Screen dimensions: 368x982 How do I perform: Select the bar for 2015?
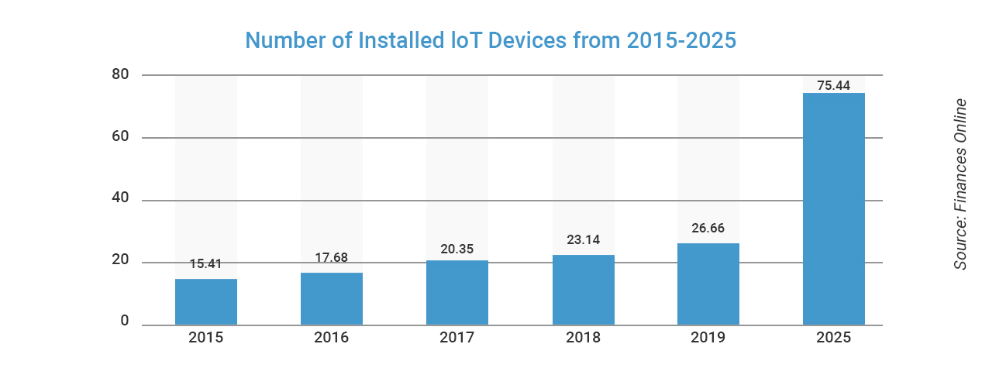click(206, 302)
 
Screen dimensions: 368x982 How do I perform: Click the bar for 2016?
click(332, 299)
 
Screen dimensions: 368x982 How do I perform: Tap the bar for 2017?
click(457, 293)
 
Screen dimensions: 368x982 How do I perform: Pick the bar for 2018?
click(583, 290)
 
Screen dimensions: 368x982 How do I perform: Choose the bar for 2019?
click(708, 284)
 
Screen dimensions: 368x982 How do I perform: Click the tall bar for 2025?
click(834, 209)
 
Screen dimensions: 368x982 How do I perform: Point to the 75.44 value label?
click(834, 85)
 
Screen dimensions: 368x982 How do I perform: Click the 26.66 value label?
click(708, 229)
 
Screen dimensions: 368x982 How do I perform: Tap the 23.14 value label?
click(583, 239)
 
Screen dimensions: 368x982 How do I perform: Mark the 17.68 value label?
click(332, 258)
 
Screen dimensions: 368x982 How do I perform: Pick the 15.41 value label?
click(206, 264)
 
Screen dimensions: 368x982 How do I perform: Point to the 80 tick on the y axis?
click(119, 74)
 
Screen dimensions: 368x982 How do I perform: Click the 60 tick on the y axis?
click(119, 137)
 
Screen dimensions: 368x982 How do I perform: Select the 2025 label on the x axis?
click(834, 338)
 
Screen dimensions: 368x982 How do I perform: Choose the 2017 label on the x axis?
click(457, 338)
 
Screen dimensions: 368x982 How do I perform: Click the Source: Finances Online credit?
click(960, 184)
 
